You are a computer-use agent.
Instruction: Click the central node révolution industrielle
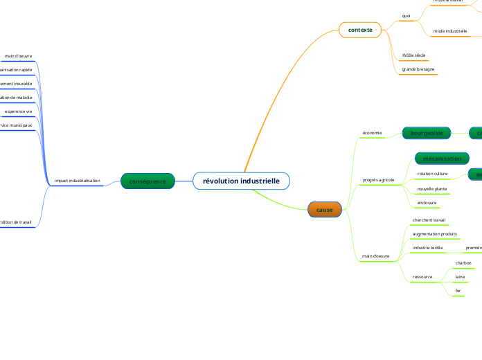[x=241, y=181]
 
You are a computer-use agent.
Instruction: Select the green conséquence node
[x=148, y=181]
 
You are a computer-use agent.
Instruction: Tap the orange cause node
[x=324, y=210]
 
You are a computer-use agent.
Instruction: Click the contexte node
[x=360, y=30]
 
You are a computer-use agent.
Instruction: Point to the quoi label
[x=406, y=15]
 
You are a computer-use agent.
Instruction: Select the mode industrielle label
[x=450, y=31]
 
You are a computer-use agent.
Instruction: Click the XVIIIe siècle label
[x=413, y=55]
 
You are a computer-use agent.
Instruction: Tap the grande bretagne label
[x=418, y=70]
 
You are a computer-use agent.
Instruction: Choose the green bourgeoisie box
[x=427, y=132]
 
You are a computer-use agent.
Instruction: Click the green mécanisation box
[x=442, y=159]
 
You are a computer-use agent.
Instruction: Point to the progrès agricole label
[x=378, y=180]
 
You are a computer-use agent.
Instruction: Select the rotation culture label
[x=432, y=174]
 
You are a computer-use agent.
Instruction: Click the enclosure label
[x=427, y=203]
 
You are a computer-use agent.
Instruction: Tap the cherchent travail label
[x=429, y=220]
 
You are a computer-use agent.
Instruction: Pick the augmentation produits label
[x=434, y=234]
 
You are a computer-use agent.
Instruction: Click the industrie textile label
[x=427, y=247]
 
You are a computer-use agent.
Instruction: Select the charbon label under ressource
[x=463, y=263]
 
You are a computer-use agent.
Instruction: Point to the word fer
[x=458, y=290]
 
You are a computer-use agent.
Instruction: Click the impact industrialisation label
[x=78, y=181]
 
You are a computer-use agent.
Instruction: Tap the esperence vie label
[x=18, y=111]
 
